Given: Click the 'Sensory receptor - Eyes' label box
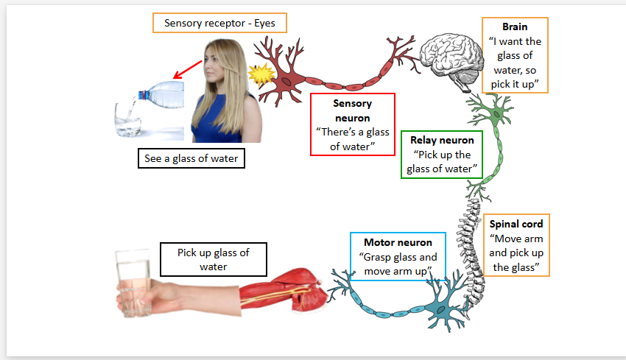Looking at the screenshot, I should point(219,23).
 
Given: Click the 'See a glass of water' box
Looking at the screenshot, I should point(190,158).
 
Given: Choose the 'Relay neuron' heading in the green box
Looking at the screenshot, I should point(442,139).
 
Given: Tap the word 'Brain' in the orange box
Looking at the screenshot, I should point(515,27).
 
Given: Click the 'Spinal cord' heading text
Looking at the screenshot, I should point(516,224).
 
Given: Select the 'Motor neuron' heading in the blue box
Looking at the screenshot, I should point(398,242).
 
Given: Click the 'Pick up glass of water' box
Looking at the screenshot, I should point(214,259).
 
